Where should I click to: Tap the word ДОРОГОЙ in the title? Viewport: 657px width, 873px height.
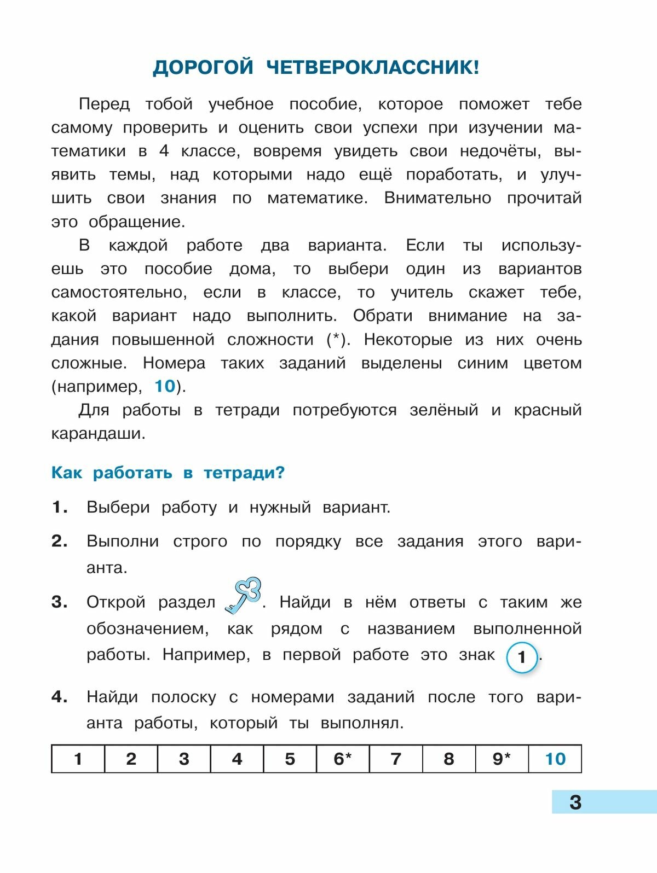(x=203, y=68)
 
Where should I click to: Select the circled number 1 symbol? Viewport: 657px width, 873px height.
(x=521, y=657)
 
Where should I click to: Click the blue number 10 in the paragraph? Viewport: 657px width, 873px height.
(x=164, y=386)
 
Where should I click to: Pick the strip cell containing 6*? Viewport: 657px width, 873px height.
(x=343, y=759)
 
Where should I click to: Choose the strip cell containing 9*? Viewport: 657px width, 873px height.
(x=502, y=759)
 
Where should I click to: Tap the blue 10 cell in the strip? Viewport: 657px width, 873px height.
(x=555, y=759)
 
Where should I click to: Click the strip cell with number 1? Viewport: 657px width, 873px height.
(x=78, y=759)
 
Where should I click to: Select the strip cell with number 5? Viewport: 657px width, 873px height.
(x=290, y=759)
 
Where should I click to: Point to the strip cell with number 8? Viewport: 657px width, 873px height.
(x=449, y=759)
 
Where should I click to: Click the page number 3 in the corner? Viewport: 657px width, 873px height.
(x=575, y=802)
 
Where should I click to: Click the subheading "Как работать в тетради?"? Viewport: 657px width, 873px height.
(x=168, y=473)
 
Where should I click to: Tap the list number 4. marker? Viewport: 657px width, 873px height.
(x=60, y=697)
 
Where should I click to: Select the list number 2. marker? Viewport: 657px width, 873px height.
(x=60, y=541)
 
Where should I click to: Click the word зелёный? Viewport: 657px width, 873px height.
(x=443, y=410)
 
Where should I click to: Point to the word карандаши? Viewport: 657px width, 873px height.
(x=98, y=434)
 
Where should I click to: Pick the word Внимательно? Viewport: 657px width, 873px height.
(x=437, y=198)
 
